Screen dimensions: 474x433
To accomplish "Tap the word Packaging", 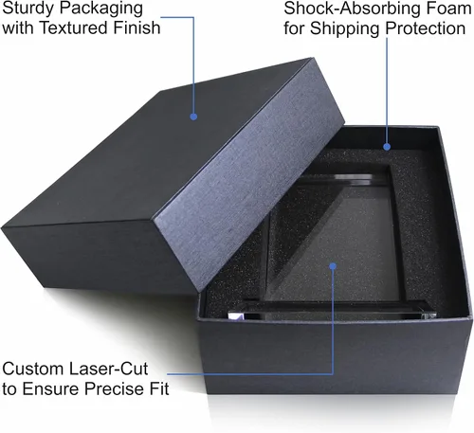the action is (x=102, y=9).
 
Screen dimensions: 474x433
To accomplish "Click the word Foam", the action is (x=448, y=9).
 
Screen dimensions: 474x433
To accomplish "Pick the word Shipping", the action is (x=345, y=29).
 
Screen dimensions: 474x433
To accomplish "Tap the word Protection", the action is (x=426, y=28).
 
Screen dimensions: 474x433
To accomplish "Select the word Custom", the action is (x=32, y=369).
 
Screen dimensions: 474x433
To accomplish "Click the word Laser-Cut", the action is (x=108, y=369).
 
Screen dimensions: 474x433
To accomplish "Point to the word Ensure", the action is (x=51, y=388).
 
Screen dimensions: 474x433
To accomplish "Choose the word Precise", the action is (x=115, y=388).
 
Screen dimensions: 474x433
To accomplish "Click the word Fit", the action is (x=159, y=388).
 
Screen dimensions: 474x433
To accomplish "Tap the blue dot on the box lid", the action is (x=193, y=117).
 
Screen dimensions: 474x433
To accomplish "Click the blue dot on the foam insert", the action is (x=387, y=147).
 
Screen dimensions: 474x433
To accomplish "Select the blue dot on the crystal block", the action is (x=332, y=266).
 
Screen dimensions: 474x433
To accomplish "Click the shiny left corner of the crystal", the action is (x=236, y=316).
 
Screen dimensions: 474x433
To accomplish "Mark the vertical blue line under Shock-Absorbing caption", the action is (x=387, y=91).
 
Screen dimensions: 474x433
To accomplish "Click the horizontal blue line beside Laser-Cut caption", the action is (x=249, y=374).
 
